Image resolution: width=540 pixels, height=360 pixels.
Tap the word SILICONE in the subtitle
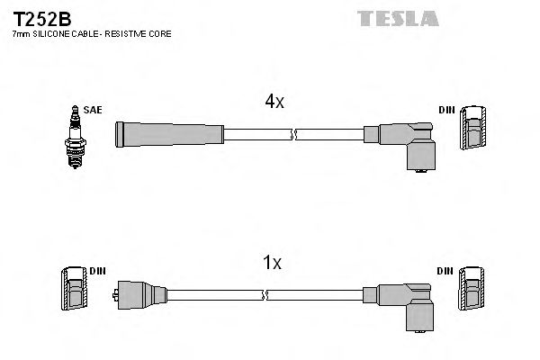(x=56, y=33)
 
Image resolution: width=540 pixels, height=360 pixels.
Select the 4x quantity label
(x=274, y=103)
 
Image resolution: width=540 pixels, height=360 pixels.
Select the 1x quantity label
(x=271, y=263)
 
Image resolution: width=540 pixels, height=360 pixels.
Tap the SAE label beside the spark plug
(x=92, y=110)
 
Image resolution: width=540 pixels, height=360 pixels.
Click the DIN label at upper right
(x=446, y=110)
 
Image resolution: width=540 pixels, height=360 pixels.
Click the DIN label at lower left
(x=96, y=270)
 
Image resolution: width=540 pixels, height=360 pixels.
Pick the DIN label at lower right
(x=446, y=270)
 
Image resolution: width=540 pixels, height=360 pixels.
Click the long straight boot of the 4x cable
(x=169, y=134)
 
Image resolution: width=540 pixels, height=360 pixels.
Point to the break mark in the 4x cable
(x=292, y=135)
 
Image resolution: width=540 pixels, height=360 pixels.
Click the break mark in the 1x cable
(x=265, y=294)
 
